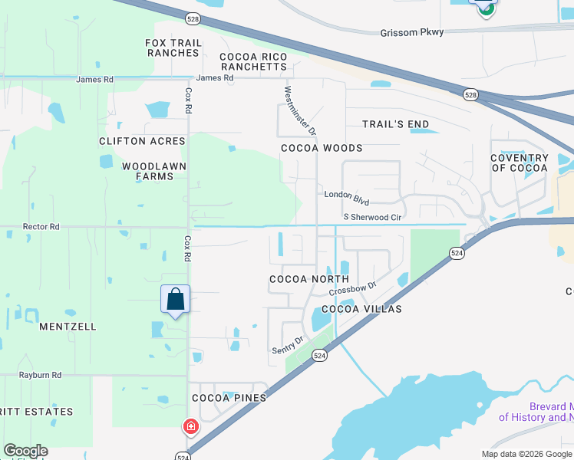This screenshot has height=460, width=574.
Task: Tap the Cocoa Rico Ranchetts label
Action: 253,61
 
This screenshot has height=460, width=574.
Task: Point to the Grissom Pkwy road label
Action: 413,33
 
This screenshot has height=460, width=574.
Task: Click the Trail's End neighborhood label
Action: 396,124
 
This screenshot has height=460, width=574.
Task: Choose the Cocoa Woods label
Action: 322,148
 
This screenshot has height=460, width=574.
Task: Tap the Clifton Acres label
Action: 142,141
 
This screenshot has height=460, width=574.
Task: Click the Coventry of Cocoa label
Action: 520,163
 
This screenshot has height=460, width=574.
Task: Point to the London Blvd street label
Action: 347,197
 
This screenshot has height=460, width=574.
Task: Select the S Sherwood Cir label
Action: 373,218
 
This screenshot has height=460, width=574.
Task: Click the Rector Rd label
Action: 41,227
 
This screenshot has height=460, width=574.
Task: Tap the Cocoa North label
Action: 309,279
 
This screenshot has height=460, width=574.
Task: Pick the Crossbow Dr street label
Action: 352,289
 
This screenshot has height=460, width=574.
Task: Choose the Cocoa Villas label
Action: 361,309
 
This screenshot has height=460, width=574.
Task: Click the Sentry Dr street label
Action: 288,344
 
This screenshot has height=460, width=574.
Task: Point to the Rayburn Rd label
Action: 41,375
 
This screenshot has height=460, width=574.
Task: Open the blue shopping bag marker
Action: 175,299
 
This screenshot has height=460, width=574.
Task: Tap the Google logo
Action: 25,451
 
